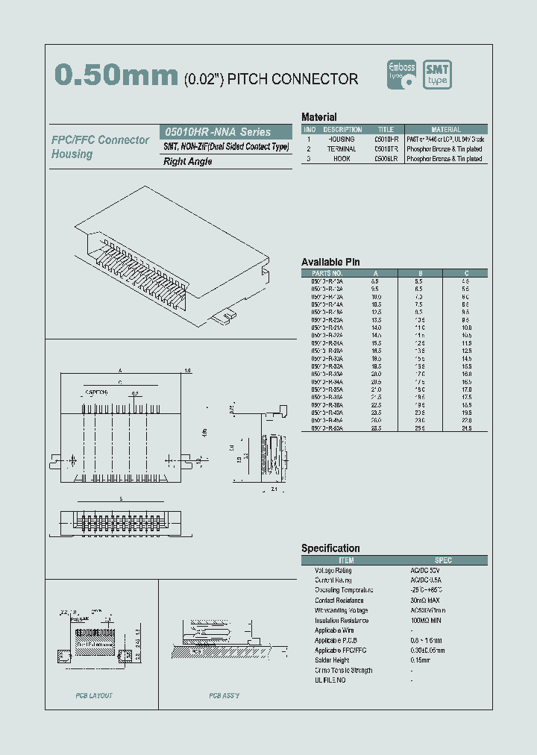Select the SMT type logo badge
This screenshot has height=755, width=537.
pos(438,75)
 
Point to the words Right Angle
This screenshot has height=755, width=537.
pos(188,162)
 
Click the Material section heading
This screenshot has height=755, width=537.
pos(318,117)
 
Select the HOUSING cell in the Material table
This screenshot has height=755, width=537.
pos(342,140)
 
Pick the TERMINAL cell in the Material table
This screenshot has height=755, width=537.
pos(342,149)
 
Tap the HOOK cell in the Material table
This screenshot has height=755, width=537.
pos(342,159)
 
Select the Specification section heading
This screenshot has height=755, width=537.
pos(330,548)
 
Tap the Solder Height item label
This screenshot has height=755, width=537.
pos(332,660)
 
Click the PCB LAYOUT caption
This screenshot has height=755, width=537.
pos(94,696)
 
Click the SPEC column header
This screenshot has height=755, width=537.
pos(443,560)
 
